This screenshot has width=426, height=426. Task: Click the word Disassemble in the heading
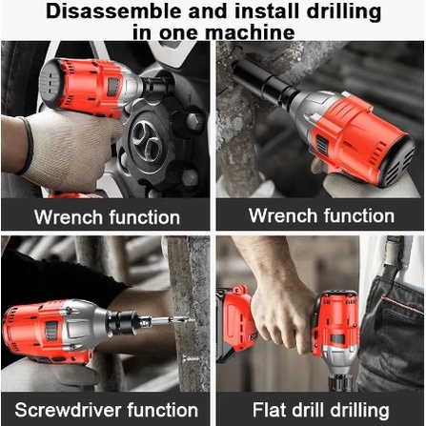point(113,11)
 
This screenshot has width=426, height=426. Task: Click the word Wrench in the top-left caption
point(69,217)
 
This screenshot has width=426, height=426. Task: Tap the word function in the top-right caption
point(359,215)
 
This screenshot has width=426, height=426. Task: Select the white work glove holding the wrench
point(69,150)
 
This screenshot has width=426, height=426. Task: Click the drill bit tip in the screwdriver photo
point(193,319)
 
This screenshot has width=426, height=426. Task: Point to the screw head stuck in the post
point(191,359)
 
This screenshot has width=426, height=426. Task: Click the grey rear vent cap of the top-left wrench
point(51,83)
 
